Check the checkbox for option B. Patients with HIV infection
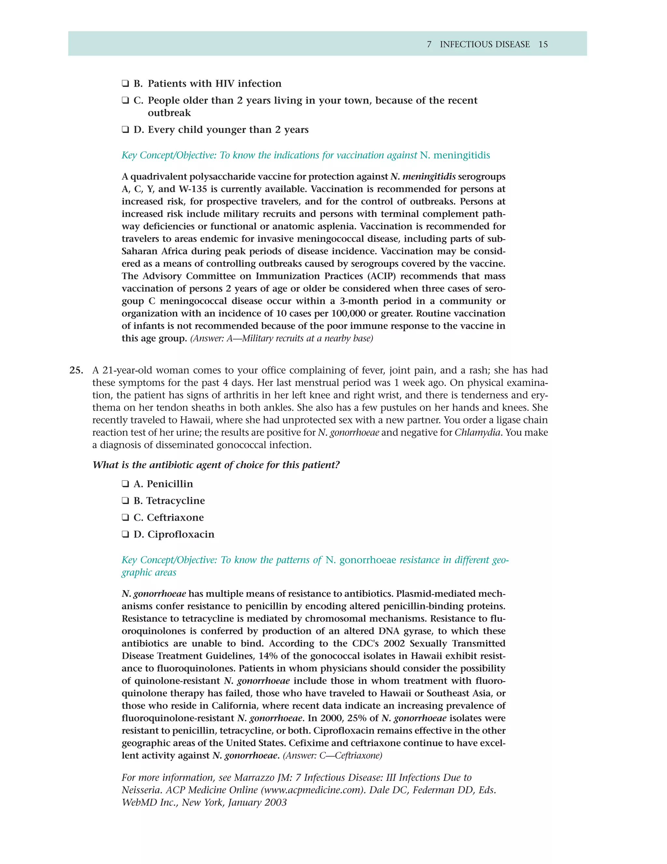125,84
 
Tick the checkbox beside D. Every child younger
125,130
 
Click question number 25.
76,370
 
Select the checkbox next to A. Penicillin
125,484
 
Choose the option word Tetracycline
176,501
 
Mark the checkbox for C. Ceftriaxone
125,518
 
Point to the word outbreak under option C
169,113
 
